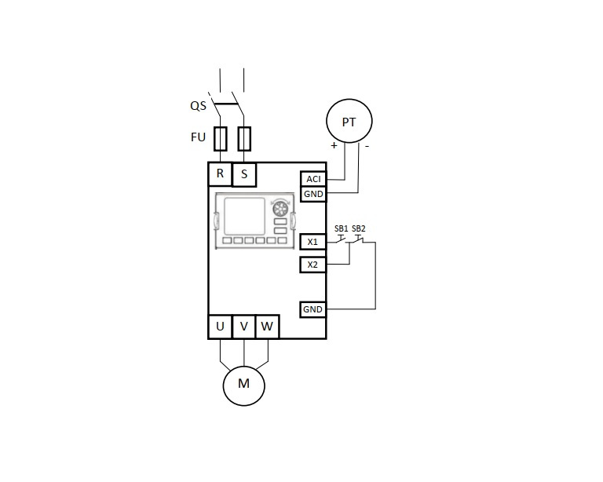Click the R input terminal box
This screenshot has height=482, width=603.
click(220, 173)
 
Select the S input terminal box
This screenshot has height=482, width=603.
click(244, 173)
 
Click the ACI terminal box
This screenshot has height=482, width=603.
click(313, 179)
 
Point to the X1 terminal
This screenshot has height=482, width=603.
click(312, 242)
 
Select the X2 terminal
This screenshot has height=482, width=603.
click(312, 265)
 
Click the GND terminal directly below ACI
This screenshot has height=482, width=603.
click(313, 193)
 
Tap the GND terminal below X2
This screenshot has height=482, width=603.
click(312, 310)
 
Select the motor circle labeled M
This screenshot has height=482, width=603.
click(243, 384)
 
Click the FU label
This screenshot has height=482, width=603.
click(199, 137)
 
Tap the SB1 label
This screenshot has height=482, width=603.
click(342, 228)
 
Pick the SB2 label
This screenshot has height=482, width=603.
click(359, 228)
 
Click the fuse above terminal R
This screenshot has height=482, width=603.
click(221, 139)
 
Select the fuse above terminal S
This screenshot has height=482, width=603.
click(244, 139)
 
